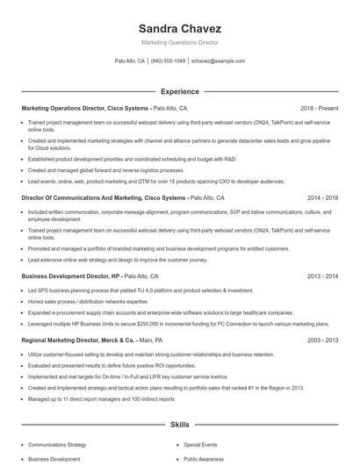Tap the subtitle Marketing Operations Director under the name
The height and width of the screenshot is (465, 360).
click(x=179, y=42)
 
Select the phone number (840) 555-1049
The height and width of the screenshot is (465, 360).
click(x=168, y=61)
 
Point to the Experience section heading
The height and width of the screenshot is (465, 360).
click(x=179, y=91)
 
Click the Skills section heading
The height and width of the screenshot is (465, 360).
click(x=179, y=424)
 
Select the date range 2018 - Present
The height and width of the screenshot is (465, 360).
click(x=319, y=108)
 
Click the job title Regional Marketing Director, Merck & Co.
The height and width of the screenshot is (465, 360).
click(x=79, y=340)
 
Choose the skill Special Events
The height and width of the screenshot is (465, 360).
click(x=201, y=445)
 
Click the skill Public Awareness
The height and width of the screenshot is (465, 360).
click(x=205, y=459)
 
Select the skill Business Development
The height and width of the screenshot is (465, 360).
click(x=54, y=459)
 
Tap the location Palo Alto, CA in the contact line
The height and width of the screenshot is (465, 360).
click(x=130, y=61)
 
